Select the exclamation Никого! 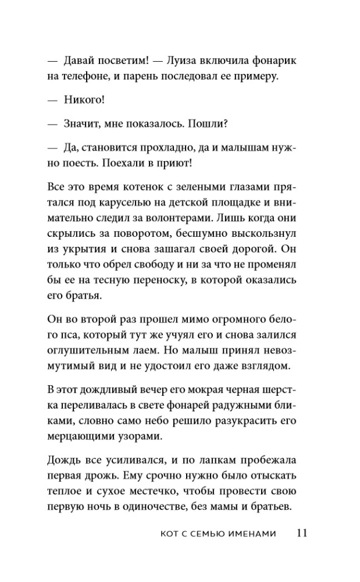tap(83, 100)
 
